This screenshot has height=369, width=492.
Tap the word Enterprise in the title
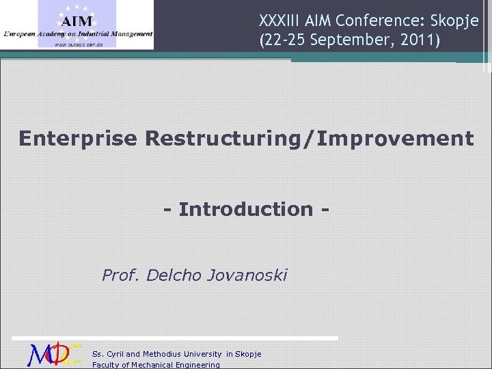pyautogui.click(x=78, y=139)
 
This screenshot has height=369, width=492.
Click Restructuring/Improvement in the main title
pyautogui.click(x=309, y=139)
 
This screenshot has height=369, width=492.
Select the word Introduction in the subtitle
pyautogui.click(x=245, y=209)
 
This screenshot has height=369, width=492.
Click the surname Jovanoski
pyautogui.click(x=245, y=275)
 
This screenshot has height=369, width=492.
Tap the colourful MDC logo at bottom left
pyautogui.click(x=55, y=355)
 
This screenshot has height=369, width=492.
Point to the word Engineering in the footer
pyautogui.click(x=197, y=365)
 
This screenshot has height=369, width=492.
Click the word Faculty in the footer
pyautogui.click(x=106, y=365)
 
